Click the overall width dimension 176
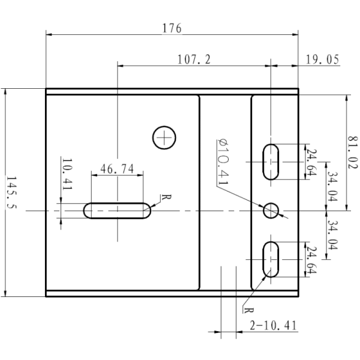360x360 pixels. pyautogui.click(x=171, y=28)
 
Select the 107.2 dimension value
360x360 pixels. pyautogui.click(x=194, y=59)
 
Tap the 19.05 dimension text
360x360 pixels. pyautogui.click(x=322, y=59)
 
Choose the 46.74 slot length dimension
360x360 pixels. pyautogui.click(x=117, y=169)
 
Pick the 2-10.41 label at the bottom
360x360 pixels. pyautogui.click(x=273, y=325)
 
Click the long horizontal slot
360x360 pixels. pyautogui.click(x=118, y=211)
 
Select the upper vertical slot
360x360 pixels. pyautogui.click(x=272, y=161)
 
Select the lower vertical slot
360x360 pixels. pyautogui.click(x=272, y=259)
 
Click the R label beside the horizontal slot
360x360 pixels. pyautogui.click(x=163, y=197)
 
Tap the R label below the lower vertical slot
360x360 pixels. pyautogui.click(x=245, y=310)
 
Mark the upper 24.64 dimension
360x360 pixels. pyautogui.click(x=310, y=161)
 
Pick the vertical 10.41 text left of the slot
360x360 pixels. pyautogui.click(x=67, y=175)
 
